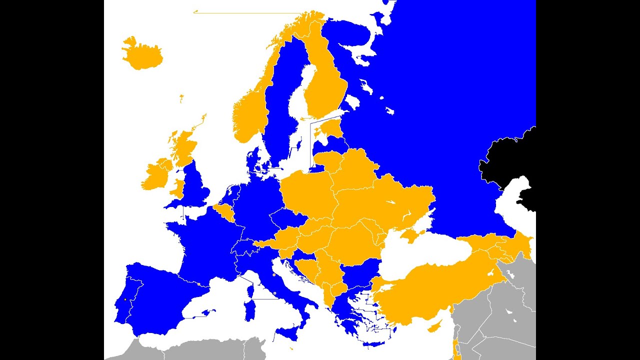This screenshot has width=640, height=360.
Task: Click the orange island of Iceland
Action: pyautogui.click(x=142, y=55)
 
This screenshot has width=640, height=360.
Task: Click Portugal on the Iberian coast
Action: pyautogui.click(x=125, y=305)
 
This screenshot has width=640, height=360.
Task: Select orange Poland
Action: pyautogui.click(x=305, y=195)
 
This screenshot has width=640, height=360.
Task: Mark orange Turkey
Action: pyautogui.click(x=430, y=290)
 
